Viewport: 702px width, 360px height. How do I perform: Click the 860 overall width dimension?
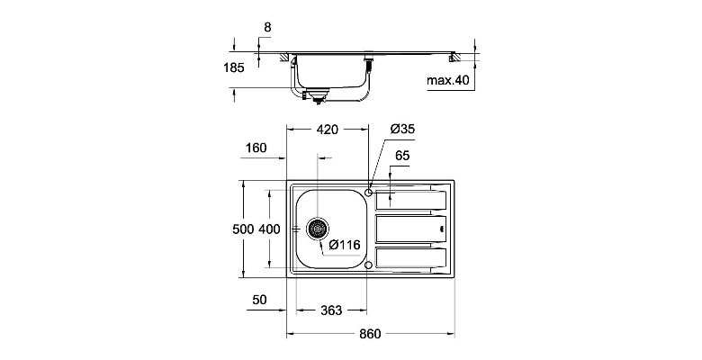(x=371, y=334)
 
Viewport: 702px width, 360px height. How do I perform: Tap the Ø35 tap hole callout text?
(x=402, y=130)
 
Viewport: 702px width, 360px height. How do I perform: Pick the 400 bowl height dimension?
(x=269, y=229)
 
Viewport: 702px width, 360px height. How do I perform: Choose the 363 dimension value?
(x=330, y=310)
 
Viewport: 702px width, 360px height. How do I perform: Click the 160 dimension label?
(x=256, y=148)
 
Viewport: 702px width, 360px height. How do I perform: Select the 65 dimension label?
(x=402, y=157)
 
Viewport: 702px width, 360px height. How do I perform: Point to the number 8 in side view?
(x=266, y=28)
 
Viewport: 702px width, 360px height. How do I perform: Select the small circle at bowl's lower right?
(x=369, y=265)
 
